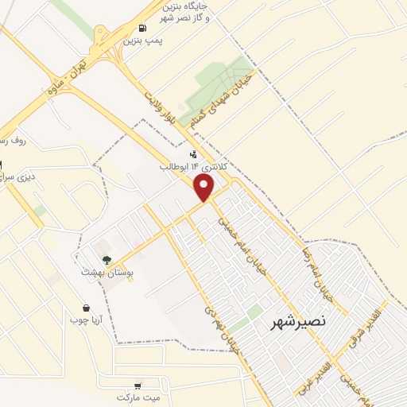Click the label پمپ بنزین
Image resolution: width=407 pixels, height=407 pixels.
pos(143,38)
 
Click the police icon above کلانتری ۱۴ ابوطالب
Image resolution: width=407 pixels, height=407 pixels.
pos(193,154)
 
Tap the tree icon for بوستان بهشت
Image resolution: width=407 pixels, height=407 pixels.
pos(107,259)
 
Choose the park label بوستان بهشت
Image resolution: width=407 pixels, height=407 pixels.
pos(107,271)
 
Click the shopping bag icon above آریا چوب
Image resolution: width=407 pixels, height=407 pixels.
pos(86,308)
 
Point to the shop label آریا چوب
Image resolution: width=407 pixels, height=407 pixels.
pos(85,320)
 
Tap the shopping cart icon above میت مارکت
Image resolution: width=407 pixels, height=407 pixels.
pos(140,385)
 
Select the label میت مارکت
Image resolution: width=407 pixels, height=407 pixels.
pos(139,396)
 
